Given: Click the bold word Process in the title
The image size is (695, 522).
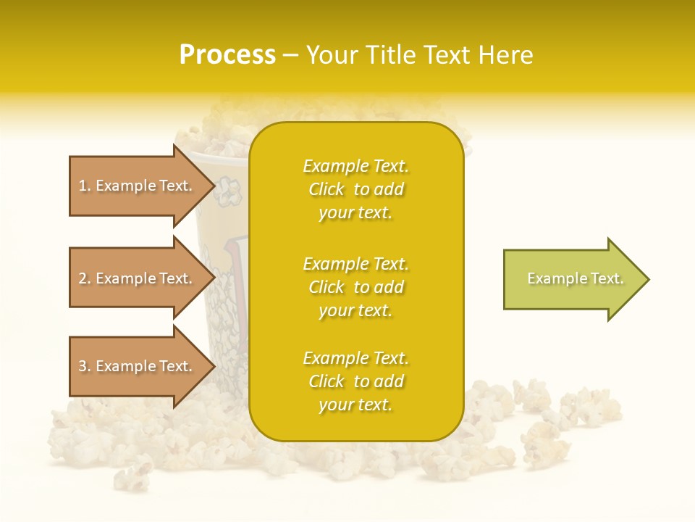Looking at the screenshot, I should pyautogui.click(x=227, y=54).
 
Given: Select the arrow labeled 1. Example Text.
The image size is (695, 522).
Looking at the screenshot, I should pyautogui.click(x=138, y=186).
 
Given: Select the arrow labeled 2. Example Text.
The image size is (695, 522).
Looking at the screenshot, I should pyautogui.click(x=138, y=278).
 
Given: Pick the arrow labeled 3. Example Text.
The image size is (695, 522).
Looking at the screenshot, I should pyautogui.click(x=138, y=366).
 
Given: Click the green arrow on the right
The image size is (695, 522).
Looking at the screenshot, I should pyautogui.click(x=572, y=278).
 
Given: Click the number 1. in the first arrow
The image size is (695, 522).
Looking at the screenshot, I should pyautogui.click(x=85, y=186).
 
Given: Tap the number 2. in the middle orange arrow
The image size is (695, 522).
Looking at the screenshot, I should pyautogui.click(x=85, y=278).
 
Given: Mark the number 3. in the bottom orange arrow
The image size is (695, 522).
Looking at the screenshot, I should pyautogui.click(x=85, y=366).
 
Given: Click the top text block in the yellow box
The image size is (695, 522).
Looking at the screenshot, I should pyautogui.click(x=355, y=189).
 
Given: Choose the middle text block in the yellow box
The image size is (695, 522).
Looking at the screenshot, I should pyautogui.click(x=355, y=287).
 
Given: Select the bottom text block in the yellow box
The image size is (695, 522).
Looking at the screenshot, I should pyautogui.click(x=355, y=381).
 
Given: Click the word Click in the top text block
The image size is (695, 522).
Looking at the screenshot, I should pyautogui.click(x=326, y=189).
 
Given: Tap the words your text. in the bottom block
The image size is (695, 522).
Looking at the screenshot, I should pyautogui.click(x=355, y=405).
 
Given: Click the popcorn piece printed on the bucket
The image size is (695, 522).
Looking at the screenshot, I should pyautogui.click(x=230, y=190).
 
